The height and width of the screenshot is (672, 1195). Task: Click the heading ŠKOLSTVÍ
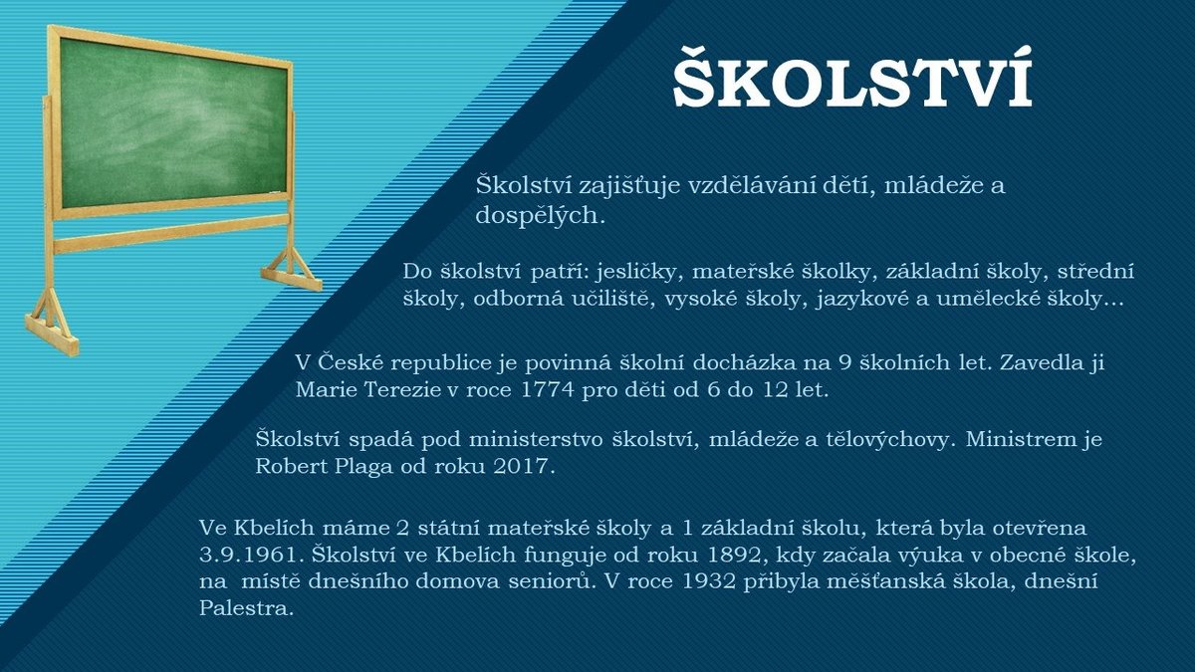tap(852, 79)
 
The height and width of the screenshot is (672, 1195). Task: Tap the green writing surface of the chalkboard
tap(173, 122)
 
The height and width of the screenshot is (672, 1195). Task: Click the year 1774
tap(547, 390)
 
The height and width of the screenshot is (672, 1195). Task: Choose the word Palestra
tap(247, 608)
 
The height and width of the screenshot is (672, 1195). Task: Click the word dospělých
tap(541, 216)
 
